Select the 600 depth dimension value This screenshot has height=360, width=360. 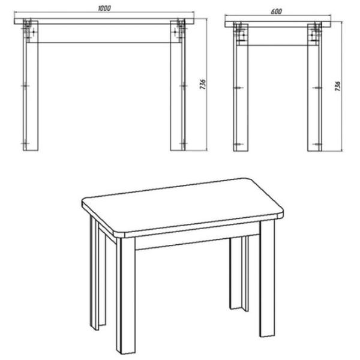(277, 11)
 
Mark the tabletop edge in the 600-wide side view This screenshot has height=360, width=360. (277, 24)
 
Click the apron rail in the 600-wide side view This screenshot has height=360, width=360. (277, 37)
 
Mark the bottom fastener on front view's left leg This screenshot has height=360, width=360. (26, 144)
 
